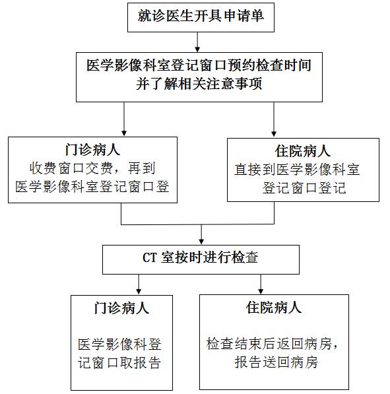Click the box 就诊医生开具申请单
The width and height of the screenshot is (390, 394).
(201, 17)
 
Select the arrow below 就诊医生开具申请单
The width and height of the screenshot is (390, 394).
(197, 42)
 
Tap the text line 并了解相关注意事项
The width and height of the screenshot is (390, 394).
(199, 84)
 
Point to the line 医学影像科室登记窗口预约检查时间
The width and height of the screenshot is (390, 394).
(199, 65)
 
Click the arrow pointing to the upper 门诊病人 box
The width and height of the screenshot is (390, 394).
(124, 119)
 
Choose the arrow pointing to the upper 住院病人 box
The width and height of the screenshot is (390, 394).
(274, 119)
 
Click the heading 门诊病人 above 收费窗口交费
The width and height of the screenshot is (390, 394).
(93, 150)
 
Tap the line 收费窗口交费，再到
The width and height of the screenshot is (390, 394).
(92, 168)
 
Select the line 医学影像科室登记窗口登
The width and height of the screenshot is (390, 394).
(92, 187)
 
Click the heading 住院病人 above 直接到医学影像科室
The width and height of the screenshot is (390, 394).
(303, 151)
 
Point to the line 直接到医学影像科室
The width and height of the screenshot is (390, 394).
(297, 170)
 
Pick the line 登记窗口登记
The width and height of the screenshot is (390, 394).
(304, 187)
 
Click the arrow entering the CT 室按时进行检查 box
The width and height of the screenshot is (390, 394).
(201, 234)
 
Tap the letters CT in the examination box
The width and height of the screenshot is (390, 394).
(150, 258)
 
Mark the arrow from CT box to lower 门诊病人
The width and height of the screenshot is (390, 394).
(139, 284)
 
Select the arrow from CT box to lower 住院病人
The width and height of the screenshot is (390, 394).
(261, 284)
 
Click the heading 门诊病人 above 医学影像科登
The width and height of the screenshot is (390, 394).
(122, 308)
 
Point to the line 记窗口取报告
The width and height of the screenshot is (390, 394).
(119, 363)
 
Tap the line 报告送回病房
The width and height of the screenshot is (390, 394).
(276, 362)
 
